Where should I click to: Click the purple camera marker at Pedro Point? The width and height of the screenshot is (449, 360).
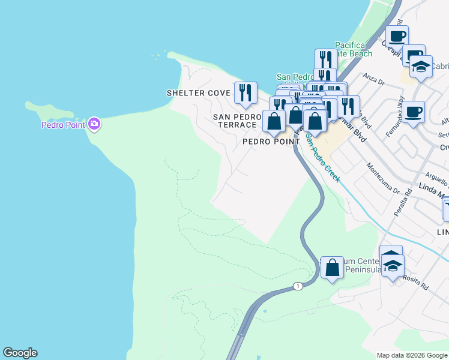point(94,124)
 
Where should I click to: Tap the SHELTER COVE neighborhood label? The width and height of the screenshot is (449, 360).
point(198,93)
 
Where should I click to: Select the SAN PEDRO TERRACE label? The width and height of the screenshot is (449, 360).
point(235,120)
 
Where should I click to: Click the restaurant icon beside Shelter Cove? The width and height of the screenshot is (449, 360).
point(246,92)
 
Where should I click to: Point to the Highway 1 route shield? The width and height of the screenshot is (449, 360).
point(298,287)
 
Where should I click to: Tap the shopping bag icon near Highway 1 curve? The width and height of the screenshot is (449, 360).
point(332,268)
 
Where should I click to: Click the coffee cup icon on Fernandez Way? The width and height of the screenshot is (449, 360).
point(413,112)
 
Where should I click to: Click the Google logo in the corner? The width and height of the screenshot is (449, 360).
point(20,353)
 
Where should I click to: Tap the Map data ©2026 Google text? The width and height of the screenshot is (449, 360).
point(411,355)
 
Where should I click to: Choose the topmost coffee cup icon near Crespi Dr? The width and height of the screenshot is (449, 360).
point(397,36)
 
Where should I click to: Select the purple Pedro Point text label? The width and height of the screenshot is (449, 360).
point(63,125)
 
